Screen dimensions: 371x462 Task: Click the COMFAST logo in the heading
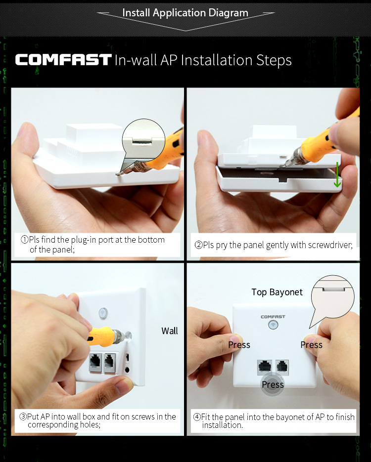(x=63, y=59)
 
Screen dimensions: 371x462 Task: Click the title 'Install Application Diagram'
(x=185, y=13)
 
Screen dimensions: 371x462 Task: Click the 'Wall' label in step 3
(x=170, y=331)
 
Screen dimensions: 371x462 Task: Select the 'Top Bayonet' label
(x=277, y=292)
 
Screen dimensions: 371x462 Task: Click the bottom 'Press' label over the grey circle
(x=273, y=384)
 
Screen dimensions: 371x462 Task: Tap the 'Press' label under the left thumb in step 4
(x=239, y=345)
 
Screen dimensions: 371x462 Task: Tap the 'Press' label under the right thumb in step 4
(x=312, y=345)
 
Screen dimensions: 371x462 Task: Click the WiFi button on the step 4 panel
(x=273, y=325)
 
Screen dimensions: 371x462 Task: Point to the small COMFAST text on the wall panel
(x=273, y=317)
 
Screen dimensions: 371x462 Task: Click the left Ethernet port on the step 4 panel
(x=265, y=367)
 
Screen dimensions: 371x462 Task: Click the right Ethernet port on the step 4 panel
(x=282, y=367)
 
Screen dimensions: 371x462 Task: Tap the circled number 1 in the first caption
(x=24, y=240)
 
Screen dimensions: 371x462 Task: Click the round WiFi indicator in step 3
(x=103, y=313)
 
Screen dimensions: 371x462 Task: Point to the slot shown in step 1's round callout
(x=142, y=142)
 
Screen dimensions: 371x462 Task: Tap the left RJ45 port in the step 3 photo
(x=95, y=362)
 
